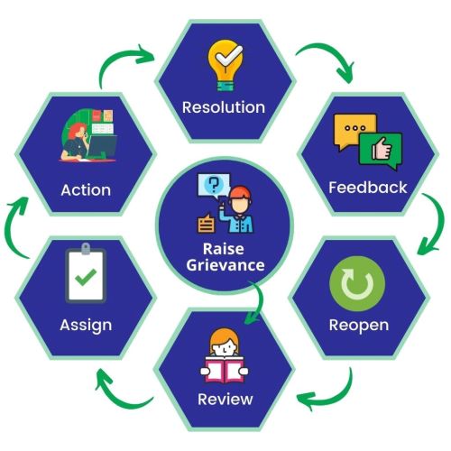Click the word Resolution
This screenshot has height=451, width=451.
point(224,107)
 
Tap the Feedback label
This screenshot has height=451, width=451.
point(368,188)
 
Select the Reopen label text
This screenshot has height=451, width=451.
point(359,326)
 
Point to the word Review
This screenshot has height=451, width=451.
point(225,400)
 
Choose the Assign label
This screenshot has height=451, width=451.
point(86,326)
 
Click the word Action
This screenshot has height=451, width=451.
point(86,190)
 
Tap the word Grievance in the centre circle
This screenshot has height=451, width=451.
point(225,265)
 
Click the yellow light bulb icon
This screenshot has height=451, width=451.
point(225,65)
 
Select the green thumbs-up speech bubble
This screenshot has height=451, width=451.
point(381,151)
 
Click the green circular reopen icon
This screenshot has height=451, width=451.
point(357,283)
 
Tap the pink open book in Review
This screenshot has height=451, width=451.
point(225,369)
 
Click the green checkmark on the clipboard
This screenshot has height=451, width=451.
point(86,277)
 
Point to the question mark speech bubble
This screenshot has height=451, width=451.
point(214,186)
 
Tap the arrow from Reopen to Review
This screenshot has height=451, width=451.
point(340,396)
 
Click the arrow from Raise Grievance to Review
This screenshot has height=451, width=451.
point(260,300)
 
